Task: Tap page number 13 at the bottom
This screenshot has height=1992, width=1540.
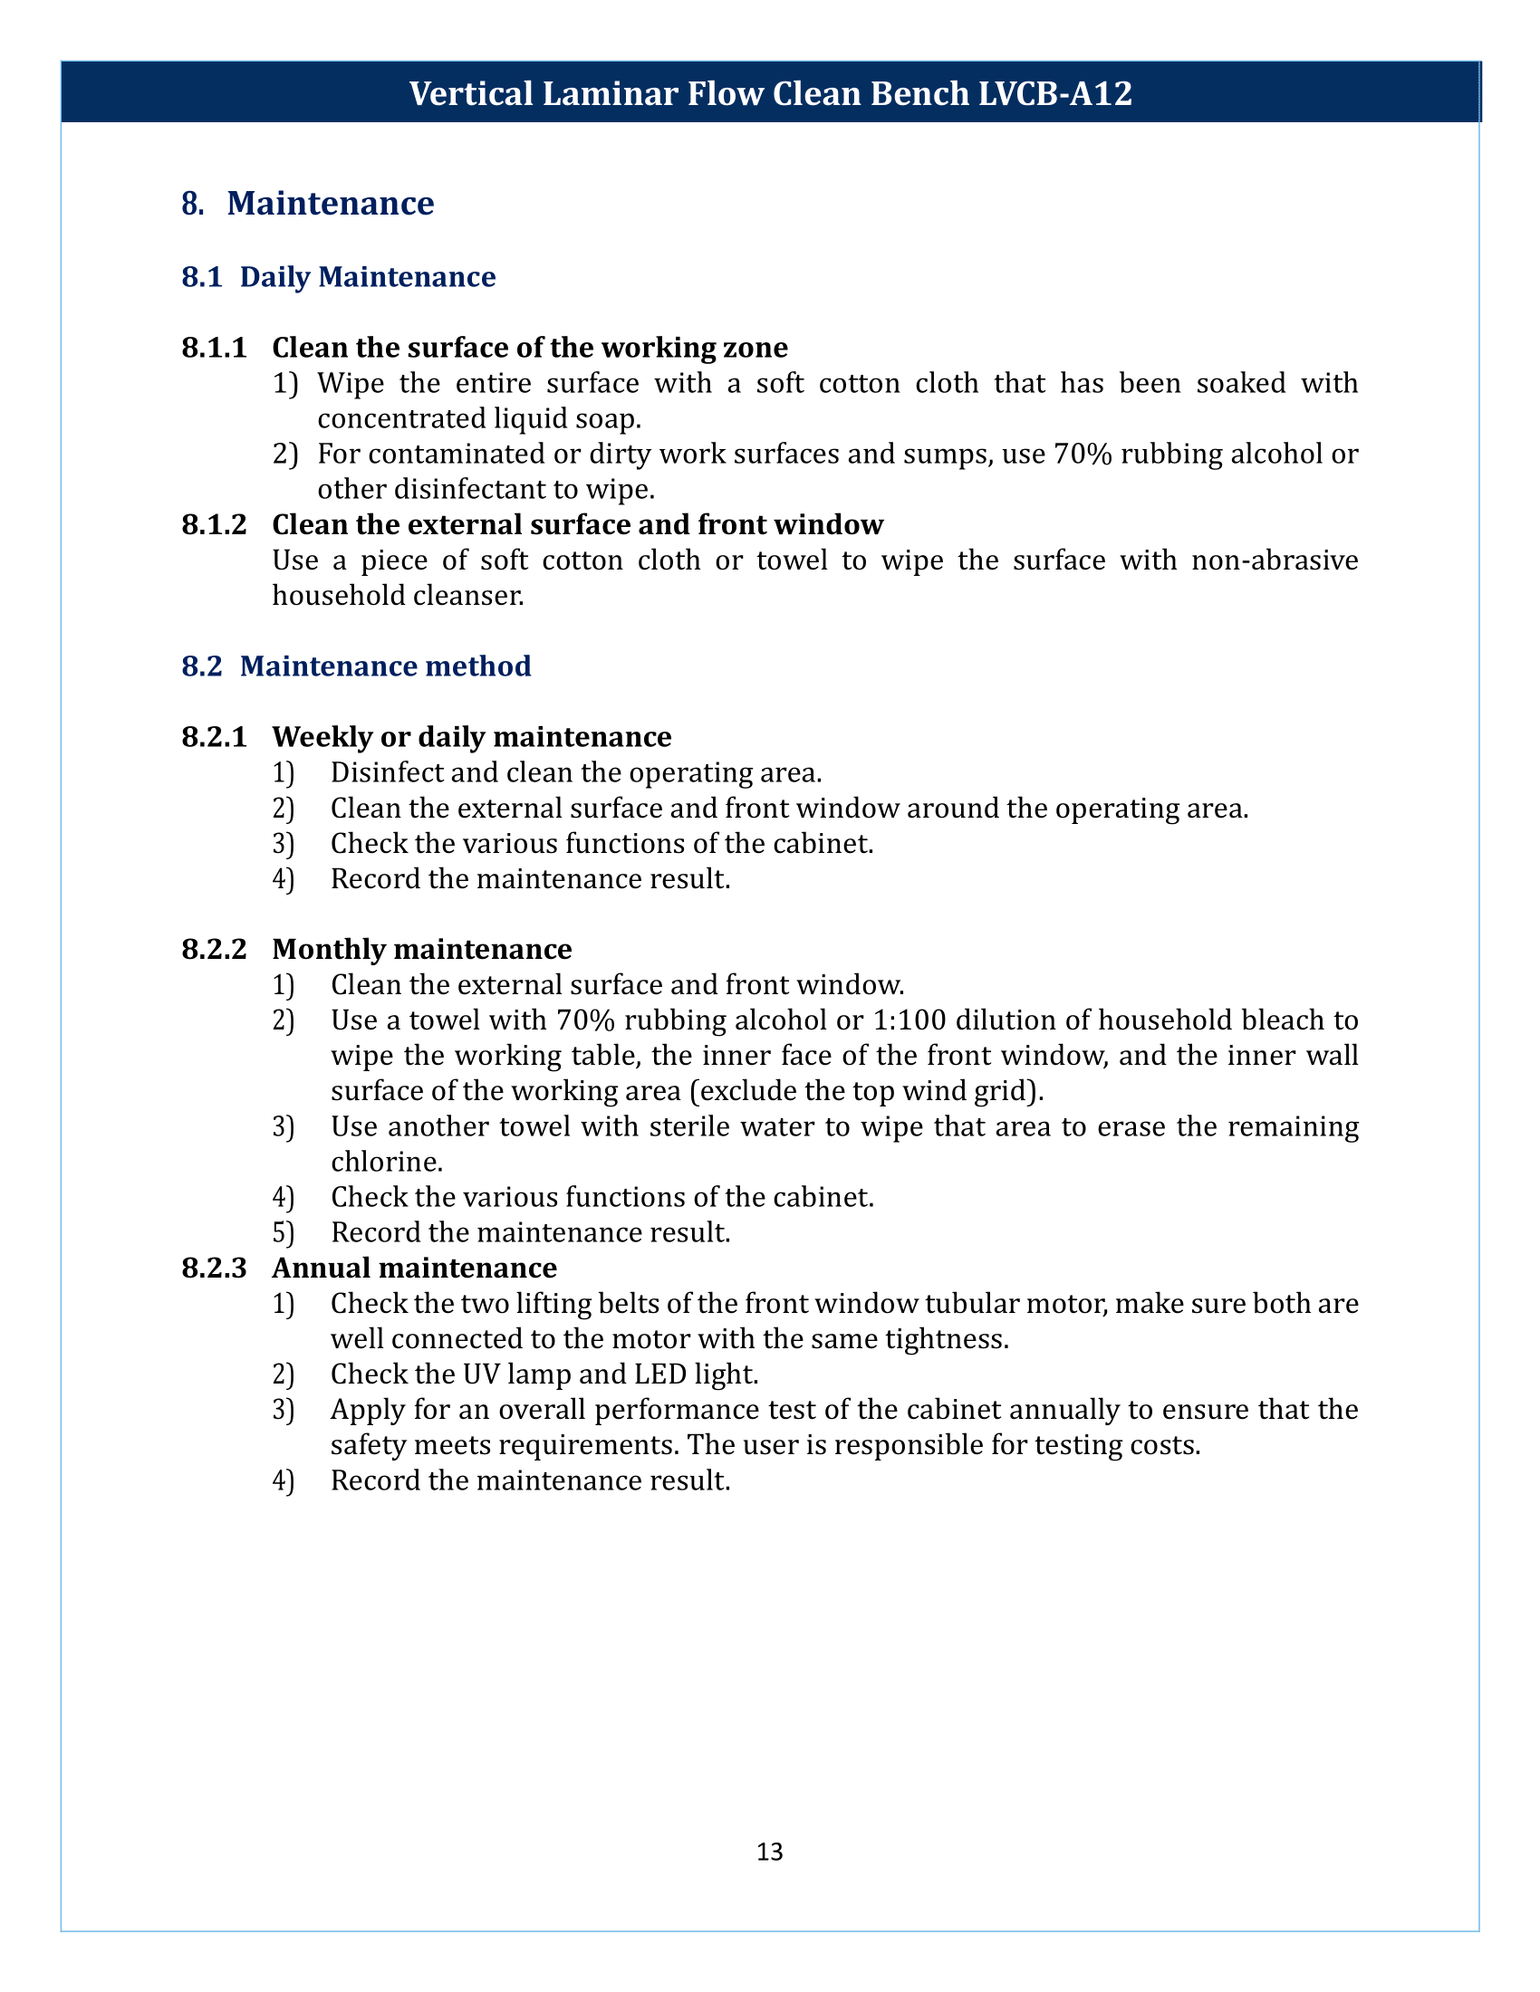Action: coord(769,1851)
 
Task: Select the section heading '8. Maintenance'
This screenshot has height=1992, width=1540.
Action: coord(307,203)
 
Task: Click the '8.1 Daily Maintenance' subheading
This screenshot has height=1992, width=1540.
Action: coord(339,276)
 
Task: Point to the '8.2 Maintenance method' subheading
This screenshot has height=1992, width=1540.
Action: coord(356,666)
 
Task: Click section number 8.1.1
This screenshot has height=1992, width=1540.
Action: coord(215,348)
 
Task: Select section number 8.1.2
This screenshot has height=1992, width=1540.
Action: coord(215,524)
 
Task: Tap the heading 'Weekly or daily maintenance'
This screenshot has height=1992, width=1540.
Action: coord(472,736)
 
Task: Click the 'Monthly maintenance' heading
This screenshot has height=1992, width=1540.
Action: coord(421,949)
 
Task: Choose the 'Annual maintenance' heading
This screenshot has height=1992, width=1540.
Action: coord(414,1268)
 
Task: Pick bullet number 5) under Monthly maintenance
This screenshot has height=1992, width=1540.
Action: coord(284,1232)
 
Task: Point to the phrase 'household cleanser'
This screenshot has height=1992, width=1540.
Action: coord(398,596)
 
